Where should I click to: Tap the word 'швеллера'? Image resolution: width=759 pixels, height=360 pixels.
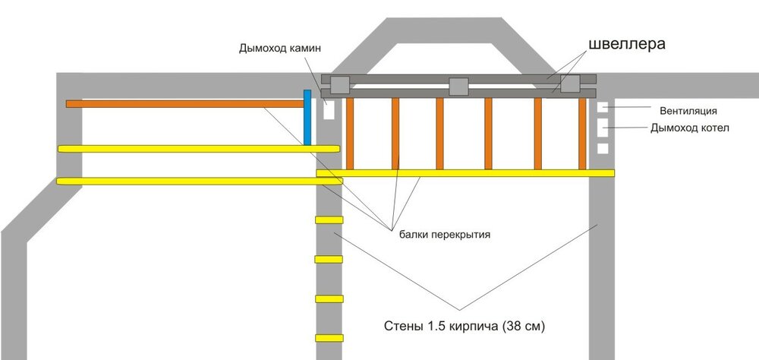(x=626, y=43)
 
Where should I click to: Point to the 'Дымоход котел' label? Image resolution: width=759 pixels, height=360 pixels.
(x=689, y=128)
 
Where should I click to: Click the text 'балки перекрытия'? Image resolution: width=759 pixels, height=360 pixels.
(x=444, y=235)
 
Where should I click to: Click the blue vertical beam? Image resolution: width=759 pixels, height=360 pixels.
(x=307, y=118)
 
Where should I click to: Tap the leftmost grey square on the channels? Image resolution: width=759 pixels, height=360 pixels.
(x=339, y=85)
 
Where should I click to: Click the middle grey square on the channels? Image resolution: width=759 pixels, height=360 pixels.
(x=459, y=87)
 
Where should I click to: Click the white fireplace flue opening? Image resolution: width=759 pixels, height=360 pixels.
(x=329, y=111)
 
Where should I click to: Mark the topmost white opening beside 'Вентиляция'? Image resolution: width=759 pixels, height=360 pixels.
(x=603, y=107)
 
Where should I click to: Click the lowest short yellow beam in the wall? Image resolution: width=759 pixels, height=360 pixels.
(x=329, y=337)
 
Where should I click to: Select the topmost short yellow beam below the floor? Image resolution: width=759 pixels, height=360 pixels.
(x=329, y=220)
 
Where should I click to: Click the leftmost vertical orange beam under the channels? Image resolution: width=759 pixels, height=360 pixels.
(x=350, y=134)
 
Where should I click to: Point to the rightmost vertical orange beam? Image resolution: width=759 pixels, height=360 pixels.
(x=582, y=134)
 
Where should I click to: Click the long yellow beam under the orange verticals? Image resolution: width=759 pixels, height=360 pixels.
(x=465, y=173)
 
